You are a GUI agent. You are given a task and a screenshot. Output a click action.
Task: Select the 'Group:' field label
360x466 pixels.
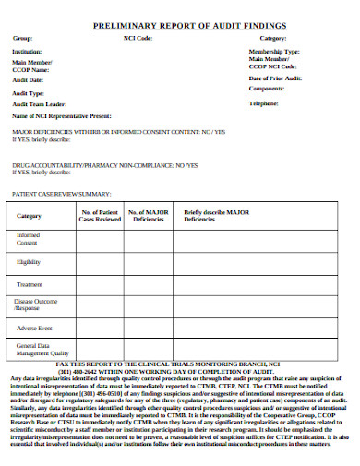(x=22, y=39)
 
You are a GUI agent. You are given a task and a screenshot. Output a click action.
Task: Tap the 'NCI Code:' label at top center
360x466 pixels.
(x=138, y=39)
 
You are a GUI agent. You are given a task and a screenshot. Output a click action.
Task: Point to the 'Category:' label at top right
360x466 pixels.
(x=274, y=39)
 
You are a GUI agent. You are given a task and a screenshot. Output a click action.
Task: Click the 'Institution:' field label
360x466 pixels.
(x=27, y=52)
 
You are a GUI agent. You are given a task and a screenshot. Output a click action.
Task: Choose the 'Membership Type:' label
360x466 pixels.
(x=275, y=52)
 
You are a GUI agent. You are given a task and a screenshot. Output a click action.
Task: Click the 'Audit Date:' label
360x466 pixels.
(x=28, y=80)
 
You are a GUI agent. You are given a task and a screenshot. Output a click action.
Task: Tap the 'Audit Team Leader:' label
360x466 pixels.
(x=39, y=104)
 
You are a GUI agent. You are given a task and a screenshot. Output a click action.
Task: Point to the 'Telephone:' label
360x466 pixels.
(x=264, y=104)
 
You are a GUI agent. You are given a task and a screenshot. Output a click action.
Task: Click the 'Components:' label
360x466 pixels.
(x=267, y=90)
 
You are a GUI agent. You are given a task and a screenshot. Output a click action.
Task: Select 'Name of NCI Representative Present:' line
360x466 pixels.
(x=62, y=117)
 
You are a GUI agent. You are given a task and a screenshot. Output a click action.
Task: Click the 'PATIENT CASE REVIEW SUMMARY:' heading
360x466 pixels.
(x=61, y=195)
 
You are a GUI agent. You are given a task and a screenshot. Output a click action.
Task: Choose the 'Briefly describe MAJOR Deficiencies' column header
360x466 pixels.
(x=217, y=217)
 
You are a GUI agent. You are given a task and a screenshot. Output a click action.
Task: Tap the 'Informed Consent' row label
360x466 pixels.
(x=28, y=239)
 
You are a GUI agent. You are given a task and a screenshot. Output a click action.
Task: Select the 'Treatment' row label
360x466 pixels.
(x=30, y=284)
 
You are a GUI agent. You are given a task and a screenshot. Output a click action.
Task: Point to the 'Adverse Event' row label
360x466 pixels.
(x=34, y=328)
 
